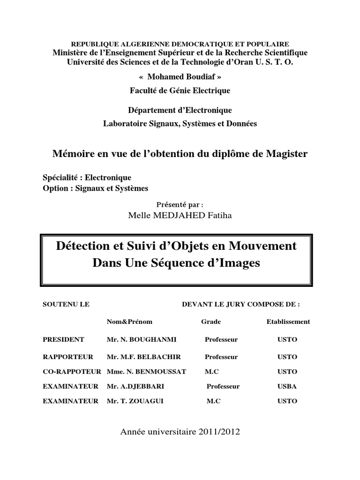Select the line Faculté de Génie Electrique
180,90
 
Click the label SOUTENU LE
66,304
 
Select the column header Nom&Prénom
130,322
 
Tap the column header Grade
211,322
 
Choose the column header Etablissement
288,322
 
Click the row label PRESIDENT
63,339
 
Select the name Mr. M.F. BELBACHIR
137,357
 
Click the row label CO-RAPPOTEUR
72,372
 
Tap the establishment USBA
287,387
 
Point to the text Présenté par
180,204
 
